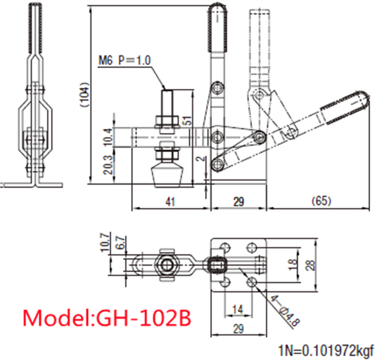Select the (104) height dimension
[85, 95]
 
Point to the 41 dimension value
[170, 202]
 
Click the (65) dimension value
[321, 201]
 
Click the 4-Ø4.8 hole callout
[285, 311]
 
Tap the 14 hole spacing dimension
[238, 309]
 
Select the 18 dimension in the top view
[293, 264]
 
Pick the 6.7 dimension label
[121, 243]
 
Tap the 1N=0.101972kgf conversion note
[326, 351]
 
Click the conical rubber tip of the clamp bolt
[167, 175]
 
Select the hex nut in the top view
[166, 265]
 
